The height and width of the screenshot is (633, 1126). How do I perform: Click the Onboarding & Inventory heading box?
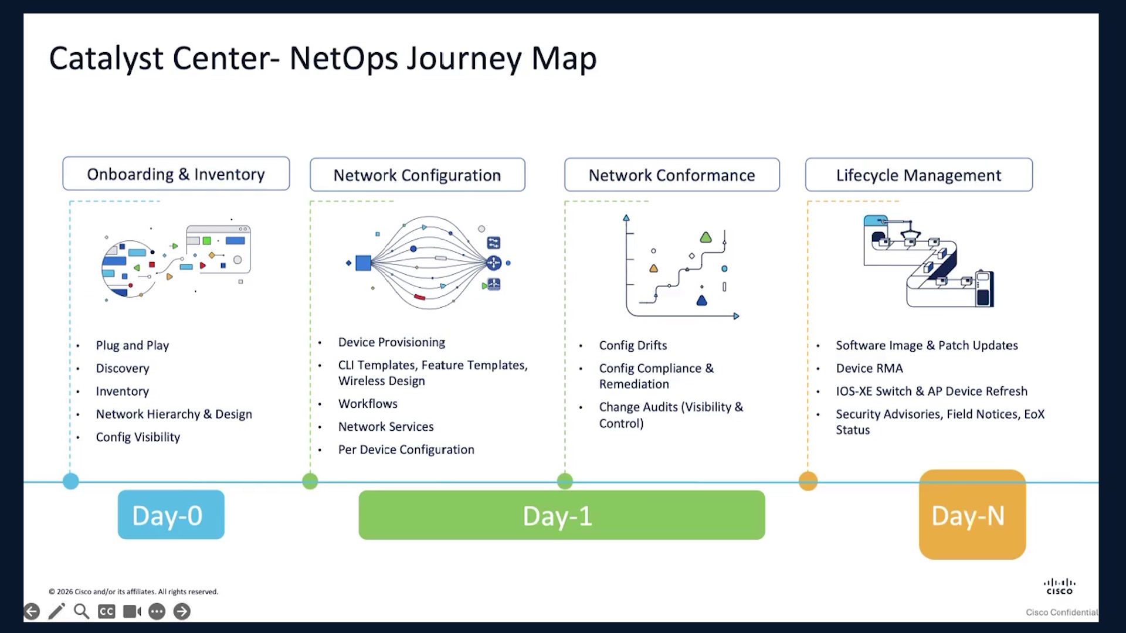pyautogui.click(x=176, y=173)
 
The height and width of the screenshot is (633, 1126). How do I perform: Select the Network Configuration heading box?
pyautogui.click(x=418, y=175)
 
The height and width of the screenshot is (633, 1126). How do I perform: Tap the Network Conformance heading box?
pyautogui.click(x=672, y=175)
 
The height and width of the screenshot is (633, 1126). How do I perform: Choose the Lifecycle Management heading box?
pyautogui.click(x=919, y=175)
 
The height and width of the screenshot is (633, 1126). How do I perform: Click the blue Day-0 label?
pyautogui.click(x=171, y=515)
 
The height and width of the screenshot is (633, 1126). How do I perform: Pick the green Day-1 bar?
pyautogui.click(x=562, y=515)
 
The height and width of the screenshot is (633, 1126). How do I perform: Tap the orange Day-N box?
pyautogui.click(x=972, y=515)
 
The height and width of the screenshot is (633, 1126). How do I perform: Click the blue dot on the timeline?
pyautogui.click(x=71, y=481)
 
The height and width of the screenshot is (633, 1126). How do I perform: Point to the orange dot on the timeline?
pyautogui.click(x=808, y=481)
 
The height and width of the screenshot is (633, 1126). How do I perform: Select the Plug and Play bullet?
pyautogui.click(x=133, y=345)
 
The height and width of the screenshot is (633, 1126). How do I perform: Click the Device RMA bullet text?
pyautogui.click(x=869, y=368)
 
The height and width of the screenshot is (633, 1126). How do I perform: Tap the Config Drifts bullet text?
pyautogui.click(x=633, y=345)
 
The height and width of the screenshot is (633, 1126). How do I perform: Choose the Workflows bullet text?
pyautogui.click(x=368, y=404)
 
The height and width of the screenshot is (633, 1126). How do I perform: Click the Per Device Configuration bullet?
pyautogui.click(x=406, y=450)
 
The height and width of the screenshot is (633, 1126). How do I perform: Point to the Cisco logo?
pyautogui.click(x=1060, y=587)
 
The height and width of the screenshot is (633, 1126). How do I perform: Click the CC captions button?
pyautogui.click(x=107, y=612)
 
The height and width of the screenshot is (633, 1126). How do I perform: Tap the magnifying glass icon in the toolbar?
pyautogui.click(x=82, y=612)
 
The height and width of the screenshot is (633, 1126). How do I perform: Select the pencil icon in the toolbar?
pyautogui.click(x=56, y=612)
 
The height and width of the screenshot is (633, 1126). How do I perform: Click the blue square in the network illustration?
pyautogui.click(x=363, y=263)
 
